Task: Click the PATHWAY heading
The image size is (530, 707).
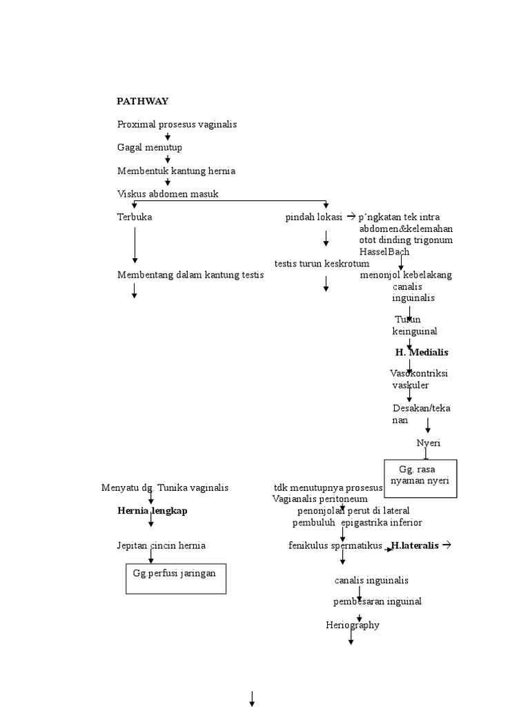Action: click(142, 101)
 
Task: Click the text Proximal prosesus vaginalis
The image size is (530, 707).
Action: click(177, 124)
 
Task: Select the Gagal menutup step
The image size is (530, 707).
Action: click(150, 148)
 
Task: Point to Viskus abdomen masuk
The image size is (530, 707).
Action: click(168, 194)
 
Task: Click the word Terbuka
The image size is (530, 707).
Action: click(135, 217)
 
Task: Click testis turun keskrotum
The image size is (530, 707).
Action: click(322, 263)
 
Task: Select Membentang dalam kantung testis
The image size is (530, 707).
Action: click(190, 275)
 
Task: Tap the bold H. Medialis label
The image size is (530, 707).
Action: click(422, 352)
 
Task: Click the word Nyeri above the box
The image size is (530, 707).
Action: click(429, 443)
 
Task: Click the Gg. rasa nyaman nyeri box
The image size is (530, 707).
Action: click(420, 478)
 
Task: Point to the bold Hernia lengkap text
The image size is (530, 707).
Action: click(152, 511)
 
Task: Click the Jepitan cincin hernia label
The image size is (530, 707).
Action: click(161, 545)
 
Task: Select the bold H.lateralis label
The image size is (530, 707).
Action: click(414, 545)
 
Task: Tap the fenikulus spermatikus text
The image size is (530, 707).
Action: click(335, 545)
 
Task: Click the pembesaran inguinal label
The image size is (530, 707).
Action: click(377, 601)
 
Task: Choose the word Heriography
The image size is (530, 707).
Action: click(353, 626)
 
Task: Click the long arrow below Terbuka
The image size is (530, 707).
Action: click(135, 245)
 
